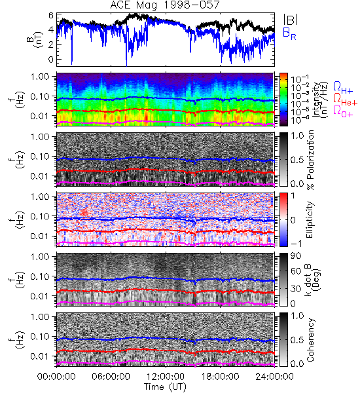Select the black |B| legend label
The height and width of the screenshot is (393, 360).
[291, 20]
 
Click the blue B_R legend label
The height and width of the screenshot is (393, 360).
[289, 34]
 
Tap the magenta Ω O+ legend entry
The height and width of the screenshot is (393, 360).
[343, 111]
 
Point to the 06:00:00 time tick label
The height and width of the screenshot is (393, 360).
[111, 377]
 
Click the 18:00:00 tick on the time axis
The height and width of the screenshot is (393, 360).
[220, 377]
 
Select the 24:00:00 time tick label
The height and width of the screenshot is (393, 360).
[274, 377]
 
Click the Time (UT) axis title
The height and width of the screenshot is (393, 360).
[165, 386]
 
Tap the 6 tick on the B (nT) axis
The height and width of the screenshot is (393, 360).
[51, 16]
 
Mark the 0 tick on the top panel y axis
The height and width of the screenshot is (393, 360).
[51, 60]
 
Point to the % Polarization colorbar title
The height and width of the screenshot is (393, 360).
[310, 159]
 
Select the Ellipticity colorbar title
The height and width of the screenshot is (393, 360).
[310, 219]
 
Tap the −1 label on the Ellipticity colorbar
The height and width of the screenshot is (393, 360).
[297, 244]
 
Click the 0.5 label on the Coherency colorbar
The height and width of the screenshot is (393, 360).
[297, 340]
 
